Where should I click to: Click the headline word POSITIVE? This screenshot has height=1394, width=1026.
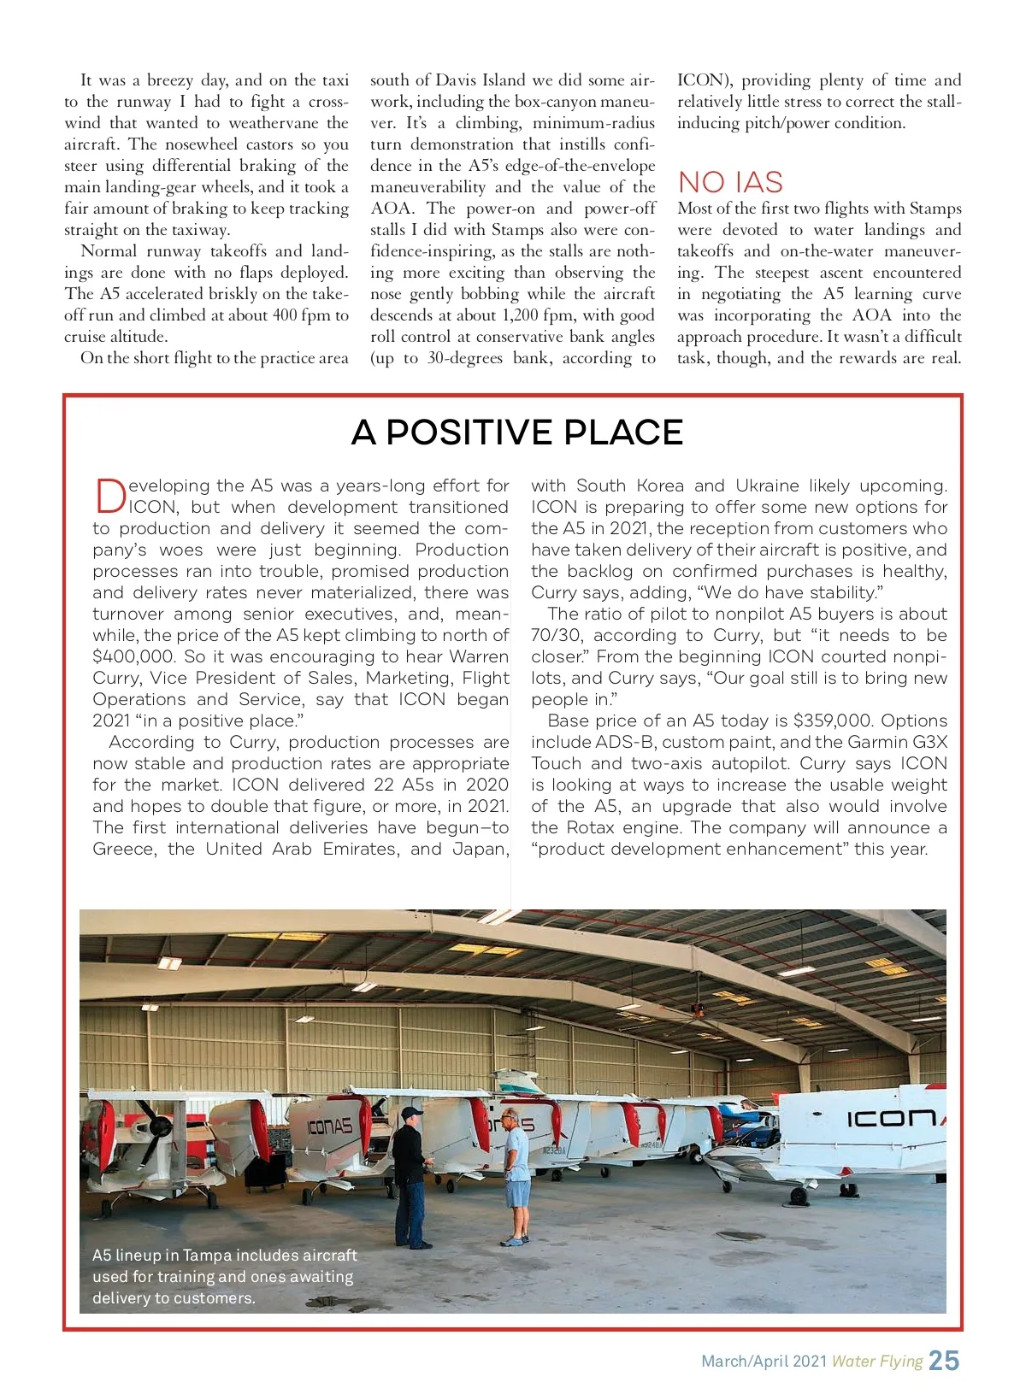click(469, 432)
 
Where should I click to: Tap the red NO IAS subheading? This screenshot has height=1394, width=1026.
click(730, 182)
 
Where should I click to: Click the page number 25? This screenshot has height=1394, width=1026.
click(944, 1361)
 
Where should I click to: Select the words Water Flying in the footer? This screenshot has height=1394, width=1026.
click(877, 1362)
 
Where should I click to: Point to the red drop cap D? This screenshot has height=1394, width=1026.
click(109, 496)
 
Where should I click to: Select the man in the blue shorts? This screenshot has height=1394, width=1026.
click(515, 1175)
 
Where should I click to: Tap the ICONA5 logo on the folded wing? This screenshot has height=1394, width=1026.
click(329, 1127)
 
